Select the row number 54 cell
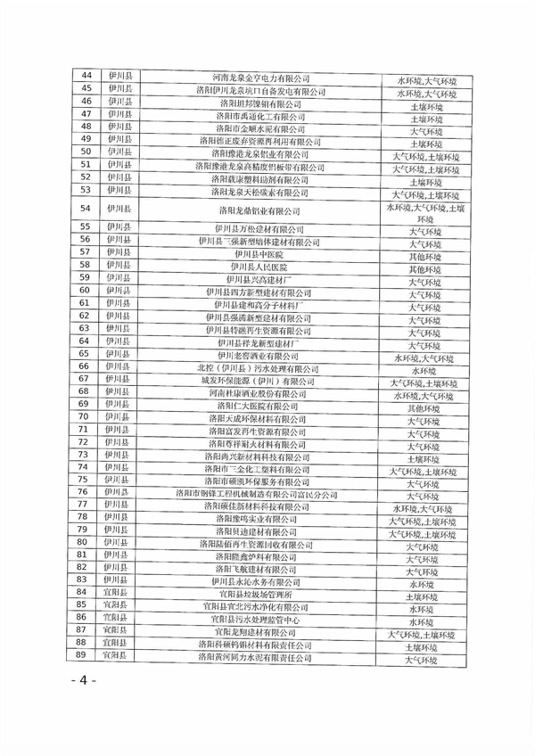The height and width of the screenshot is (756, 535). tap(86, 210)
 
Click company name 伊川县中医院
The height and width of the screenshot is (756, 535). tap(254, 252)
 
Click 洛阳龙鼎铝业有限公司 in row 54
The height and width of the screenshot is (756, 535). tap(261, 210)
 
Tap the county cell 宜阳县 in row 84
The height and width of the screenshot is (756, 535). tap(117, 592)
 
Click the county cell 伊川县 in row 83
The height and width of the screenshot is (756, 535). tap(117, 579)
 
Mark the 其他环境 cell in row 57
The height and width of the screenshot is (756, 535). tap(425, 255)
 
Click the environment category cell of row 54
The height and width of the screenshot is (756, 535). tap(425, 213)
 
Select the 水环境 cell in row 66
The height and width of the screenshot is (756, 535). tap(425, 369)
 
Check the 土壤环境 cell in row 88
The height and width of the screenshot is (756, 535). tap(425, 647)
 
